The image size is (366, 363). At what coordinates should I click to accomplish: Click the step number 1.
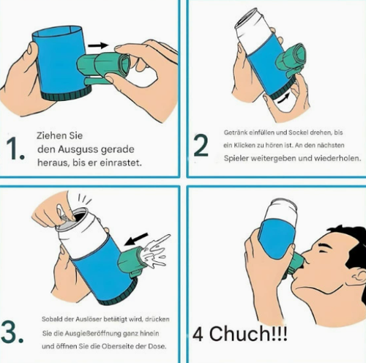point(15,149)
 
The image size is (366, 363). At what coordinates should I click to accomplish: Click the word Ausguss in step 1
point(85,149)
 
